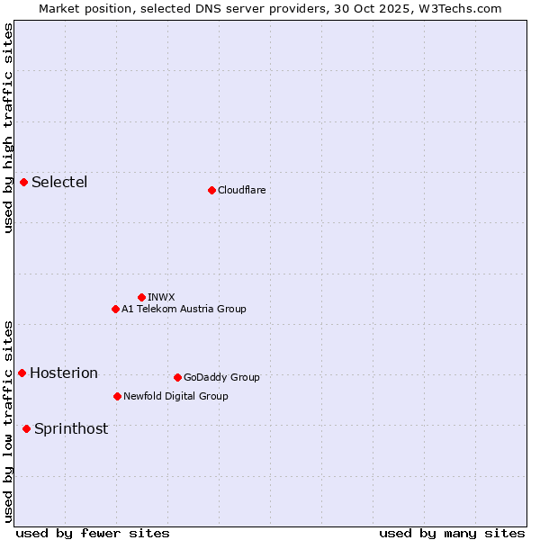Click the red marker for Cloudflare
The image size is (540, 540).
tap(211, 190)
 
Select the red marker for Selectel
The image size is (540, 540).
tap(23, 183)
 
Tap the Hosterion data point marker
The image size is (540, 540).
tap(22, 373)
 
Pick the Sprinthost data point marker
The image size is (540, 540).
tap(26, 428)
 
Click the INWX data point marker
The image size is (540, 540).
tap(141, 297)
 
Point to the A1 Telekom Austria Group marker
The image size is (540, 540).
tap(115, 309)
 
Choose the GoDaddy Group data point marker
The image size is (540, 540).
tap(177, 377)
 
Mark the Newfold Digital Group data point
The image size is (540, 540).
tap(117, 396)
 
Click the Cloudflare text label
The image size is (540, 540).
tap(242, 190)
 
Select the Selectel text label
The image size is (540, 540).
tap(59, 183)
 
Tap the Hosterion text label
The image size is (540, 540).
tap(64, 373)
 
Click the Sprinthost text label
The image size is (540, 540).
tap(71, 429)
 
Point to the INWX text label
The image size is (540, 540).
tap(161, 297)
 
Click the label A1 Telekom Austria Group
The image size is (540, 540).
tap(184, 309)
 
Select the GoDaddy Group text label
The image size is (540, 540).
tap(221, 377)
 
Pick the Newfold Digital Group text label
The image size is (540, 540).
tap(175, 396)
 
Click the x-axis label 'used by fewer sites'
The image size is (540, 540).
tap(93, 533)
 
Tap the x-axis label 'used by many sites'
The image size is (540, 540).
tap(452, 533)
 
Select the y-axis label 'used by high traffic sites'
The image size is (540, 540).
tap(8, 128)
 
